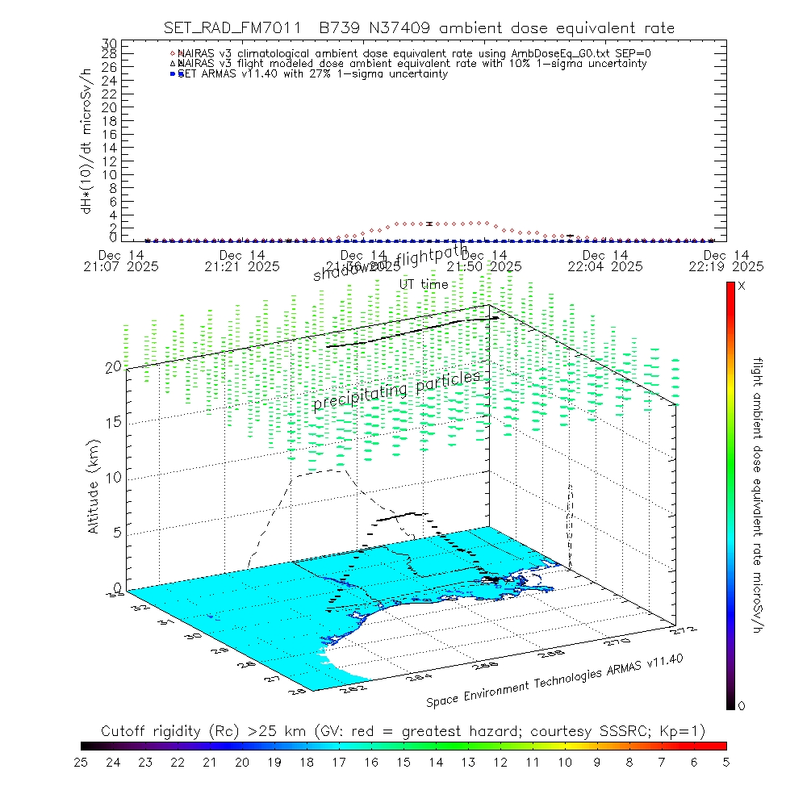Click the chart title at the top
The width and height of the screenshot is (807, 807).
click(x=419, y=28)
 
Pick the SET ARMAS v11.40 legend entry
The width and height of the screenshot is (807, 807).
click(x=312, y=74)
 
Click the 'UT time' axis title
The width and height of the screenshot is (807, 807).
click(x=424, y=285)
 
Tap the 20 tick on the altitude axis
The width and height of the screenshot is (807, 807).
click(x=114, y=366)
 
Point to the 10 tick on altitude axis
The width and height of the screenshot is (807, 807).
click(x=114, y=477)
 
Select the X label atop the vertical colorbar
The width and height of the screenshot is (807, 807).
click(x=742, y=286)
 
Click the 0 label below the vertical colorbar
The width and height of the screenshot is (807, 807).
click(x=742, y=706)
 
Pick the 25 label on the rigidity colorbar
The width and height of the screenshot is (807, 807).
click(x=81, y=761)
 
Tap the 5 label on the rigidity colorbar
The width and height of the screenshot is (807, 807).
click(x=725, y=761)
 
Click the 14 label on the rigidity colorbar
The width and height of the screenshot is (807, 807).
click(x=436, y=761)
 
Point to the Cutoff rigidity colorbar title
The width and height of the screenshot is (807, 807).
click(x=403, y=731)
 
